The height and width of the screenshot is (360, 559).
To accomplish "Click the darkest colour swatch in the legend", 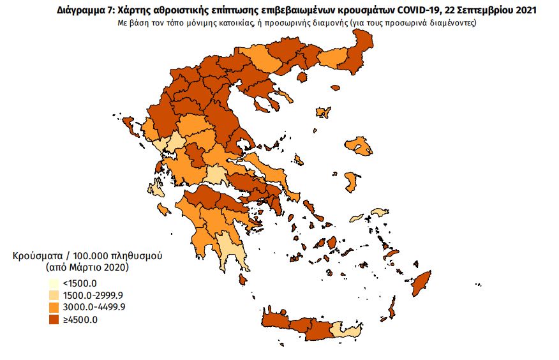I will (x=55, y=319).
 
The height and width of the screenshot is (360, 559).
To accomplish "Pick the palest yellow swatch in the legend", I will (x=55, y=283).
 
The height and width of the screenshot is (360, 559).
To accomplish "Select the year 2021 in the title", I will (x=524, y=11).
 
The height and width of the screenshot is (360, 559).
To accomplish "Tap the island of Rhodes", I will (x=421, y=283).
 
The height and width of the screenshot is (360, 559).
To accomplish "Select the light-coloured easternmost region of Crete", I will (x=347, y=331).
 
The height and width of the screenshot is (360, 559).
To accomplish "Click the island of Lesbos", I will (x=357, y=147).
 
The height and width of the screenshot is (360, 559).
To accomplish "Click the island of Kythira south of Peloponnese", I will (x=243, y=280).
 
